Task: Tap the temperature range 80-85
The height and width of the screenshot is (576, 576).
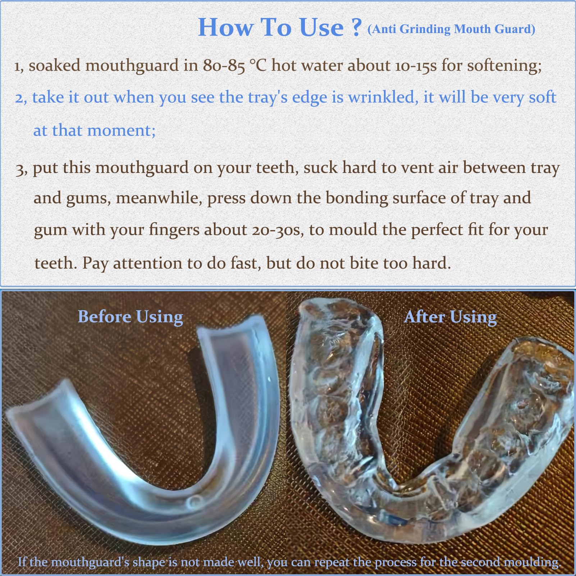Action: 224,66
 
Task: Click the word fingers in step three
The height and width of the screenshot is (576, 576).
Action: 174,230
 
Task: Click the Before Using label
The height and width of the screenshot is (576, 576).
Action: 130,317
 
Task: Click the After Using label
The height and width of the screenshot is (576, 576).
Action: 450,317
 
